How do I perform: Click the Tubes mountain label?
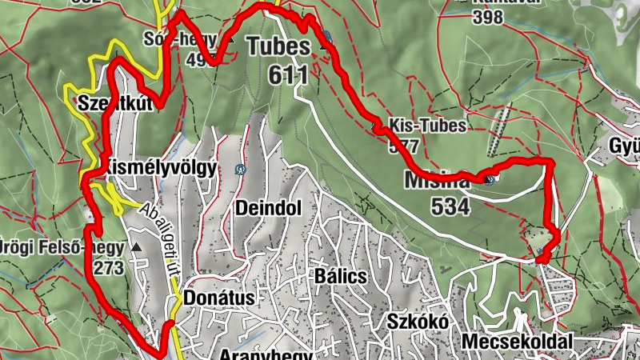point(278,46)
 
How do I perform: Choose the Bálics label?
point(341,276)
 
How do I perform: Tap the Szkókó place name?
point(414,321)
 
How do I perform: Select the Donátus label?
point(218,298)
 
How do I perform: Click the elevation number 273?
point(110,268)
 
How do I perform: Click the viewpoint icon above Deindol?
point(240,170)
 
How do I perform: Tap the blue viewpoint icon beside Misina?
point(490,179)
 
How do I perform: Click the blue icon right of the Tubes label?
point(327,36)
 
